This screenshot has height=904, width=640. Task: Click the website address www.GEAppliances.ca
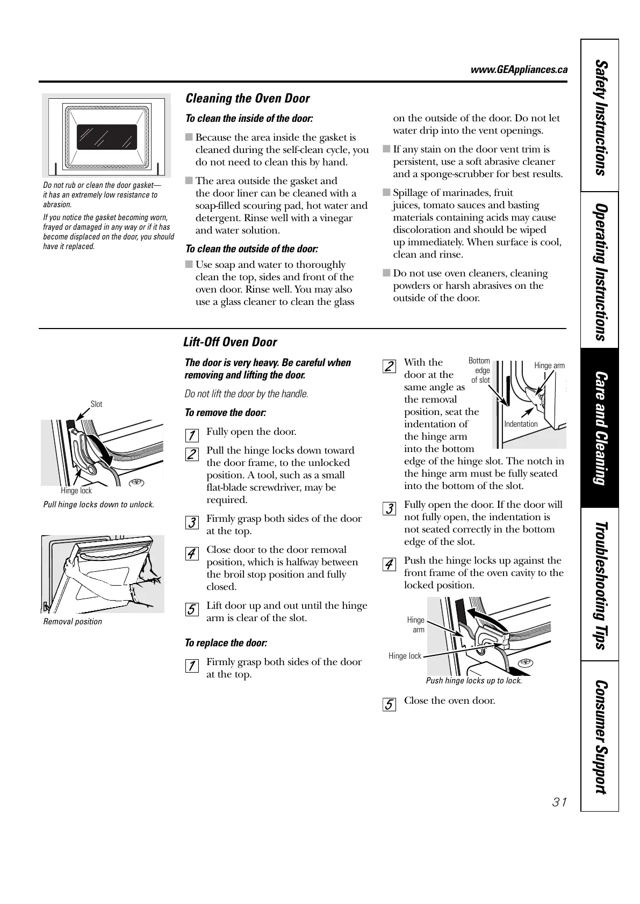point(519,70)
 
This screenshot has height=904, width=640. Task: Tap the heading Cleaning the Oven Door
point(247,98)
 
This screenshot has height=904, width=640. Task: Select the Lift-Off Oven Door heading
point(230,342)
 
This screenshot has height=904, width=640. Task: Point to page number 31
point(559,803)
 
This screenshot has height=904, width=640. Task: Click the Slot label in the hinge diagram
point(96,404)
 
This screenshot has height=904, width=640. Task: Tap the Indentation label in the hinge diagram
point(521,424)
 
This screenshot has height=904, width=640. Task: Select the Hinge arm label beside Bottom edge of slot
point(549,366)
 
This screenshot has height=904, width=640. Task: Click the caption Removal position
point(73,622)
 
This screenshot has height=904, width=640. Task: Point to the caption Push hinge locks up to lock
point(474,681)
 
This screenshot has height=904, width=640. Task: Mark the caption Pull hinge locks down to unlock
point(98,505)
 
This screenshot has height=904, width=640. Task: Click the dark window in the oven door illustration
point(106,137)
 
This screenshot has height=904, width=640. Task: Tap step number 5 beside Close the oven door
point(389,704)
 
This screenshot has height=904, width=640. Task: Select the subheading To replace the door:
point(226,643)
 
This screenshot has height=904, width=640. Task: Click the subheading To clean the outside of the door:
point(251,249)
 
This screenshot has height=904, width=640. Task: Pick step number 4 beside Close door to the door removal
point(191,553)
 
